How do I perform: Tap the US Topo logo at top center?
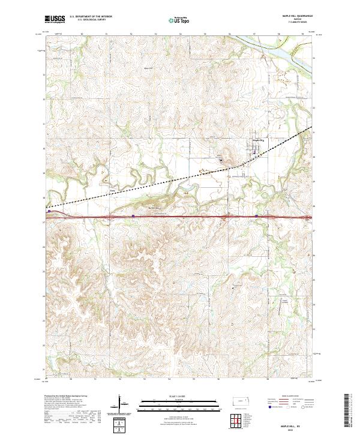(173, 20)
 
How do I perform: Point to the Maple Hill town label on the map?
(260, 140)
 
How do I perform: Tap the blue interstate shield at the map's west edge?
(48, 211)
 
